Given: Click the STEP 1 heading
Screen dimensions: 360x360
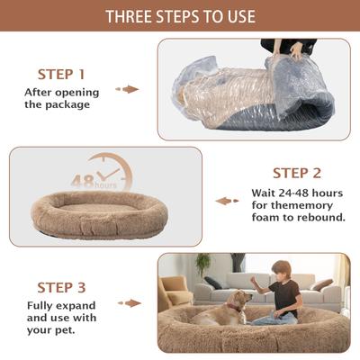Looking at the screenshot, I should coord(61,74).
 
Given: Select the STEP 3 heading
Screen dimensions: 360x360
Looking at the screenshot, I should coord(61,287).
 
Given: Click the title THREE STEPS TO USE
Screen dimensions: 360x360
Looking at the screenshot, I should coord(180,16).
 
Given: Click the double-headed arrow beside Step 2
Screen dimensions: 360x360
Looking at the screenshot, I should coord(227,201).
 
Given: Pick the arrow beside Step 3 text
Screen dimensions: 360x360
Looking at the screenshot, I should coord(130,304).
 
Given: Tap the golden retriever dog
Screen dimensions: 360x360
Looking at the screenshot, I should coord(223,308).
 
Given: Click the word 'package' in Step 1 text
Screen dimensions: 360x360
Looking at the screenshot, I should coord(72,103).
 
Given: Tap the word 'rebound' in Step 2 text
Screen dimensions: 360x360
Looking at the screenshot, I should coord(321,216).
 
